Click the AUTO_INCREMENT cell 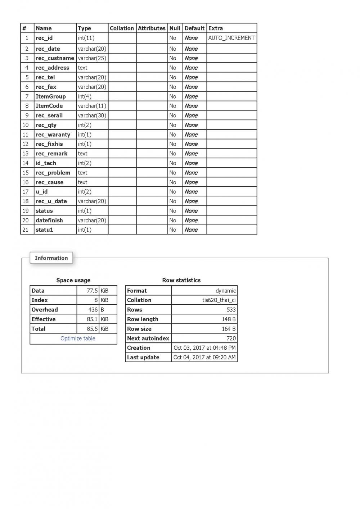[x=231, y=38]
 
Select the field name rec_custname [x=55, y=58]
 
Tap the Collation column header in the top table [x=122, y=28]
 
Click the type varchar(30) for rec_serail [x=92, y=115]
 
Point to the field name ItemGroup [x=50, y=96]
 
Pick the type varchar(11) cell [x=92, y=106]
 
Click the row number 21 [x=26, y=229]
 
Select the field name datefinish [x=49, y=220]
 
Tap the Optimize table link [x=78, y=338]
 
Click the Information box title [x=51, y=258]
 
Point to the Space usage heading [x=73, y=280]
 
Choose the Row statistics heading [x=181, y=280]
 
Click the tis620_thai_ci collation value [x=219, y=300]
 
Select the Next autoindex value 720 [x=231, y=338]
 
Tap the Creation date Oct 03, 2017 [x=204, y=348]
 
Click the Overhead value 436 [x=93, y=310]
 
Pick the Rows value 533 [x=231, y=310]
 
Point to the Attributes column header [x=152, y=28]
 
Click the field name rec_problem [x=53, y=173]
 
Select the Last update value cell [x=204, y=357]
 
